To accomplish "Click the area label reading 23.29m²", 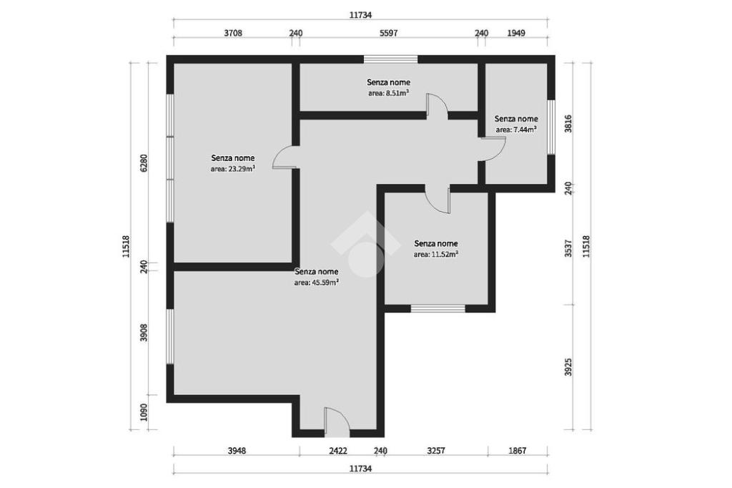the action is point(232,169).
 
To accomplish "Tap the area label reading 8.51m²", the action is point(389,93).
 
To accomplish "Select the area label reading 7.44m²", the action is point(516,130).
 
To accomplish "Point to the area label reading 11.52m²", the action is point(435,254).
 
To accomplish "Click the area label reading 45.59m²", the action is point(317,283).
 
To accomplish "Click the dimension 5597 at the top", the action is point(388,33).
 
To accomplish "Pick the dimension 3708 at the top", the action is point(233,33).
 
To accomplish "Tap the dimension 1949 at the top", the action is point(516,33).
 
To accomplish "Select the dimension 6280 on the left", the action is point(144,163).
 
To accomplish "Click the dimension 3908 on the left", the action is point(144,333).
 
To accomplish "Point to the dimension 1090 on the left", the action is point(144,412).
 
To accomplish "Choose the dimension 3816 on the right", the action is point(568,123).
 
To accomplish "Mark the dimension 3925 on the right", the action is point(568,367).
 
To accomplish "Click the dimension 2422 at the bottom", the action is point(338,451).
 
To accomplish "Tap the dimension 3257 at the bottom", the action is point(436,451).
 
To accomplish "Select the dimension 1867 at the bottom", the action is point(518,451).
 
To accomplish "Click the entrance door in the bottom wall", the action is point(337,423).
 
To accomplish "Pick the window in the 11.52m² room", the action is point(438,308).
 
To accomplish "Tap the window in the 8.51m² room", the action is point(391,59).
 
